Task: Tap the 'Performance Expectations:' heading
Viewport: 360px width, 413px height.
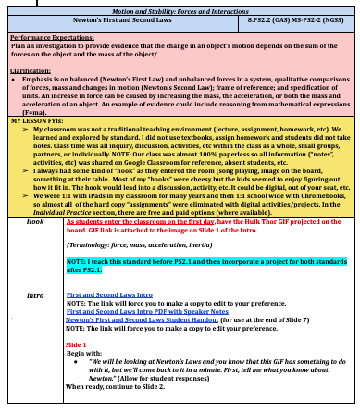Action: (44, 39)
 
